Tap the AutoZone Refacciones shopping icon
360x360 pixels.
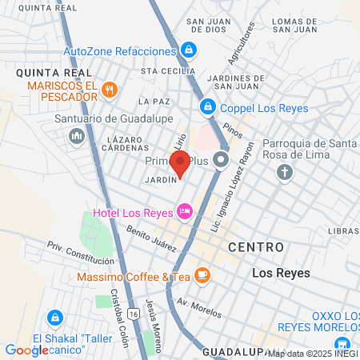click(x=187, y=50)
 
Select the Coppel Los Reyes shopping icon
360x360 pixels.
click(x=207, y=106)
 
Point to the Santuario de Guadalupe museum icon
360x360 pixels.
click(x=77, y=136)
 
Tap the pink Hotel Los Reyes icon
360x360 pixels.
click(x=185, y=211)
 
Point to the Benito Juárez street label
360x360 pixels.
click(x=151, y=238)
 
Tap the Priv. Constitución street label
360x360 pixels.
click(x=80, y=254)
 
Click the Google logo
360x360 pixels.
click(x=26, y=350)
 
